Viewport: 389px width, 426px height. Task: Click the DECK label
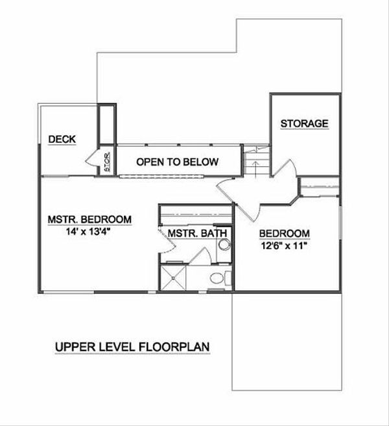(x=63, y=139)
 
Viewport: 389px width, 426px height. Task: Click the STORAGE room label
(x=304, y=123)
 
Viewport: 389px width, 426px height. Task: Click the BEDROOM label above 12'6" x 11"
(x=284, y=234)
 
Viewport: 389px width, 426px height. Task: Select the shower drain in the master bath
(x=175, y=278)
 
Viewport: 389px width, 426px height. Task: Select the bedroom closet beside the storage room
(x=319, y=187)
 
